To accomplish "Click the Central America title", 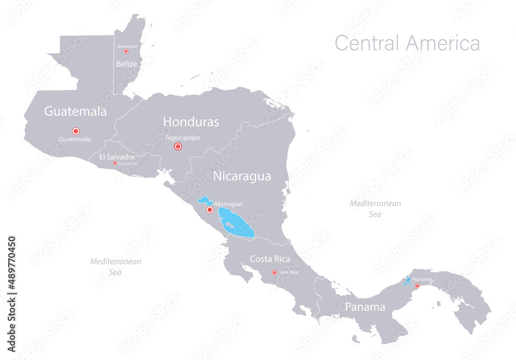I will [407, 43].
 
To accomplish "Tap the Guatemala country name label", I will [75, 111].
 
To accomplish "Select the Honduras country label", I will [191, 122].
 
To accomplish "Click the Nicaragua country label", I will [242, 176].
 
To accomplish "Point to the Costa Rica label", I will [270, 259].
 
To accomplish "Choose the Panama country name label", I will [365, 307].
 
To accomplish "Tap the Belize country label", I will [126, 64].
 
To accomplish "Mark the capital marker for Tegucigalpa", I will [178, 147].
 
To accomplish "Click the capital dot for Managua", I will [209, 210].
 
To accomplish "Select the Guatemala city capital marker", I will [75, 131].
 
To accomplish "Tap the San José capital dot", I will [274, 273].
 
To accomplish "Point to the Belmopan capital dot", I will [126, 52].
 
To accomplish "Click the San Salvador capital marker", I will [115, 163].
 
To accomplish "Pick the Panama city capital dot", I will [417, 286].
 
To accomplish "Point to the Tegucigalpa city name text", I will [183, 137].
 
